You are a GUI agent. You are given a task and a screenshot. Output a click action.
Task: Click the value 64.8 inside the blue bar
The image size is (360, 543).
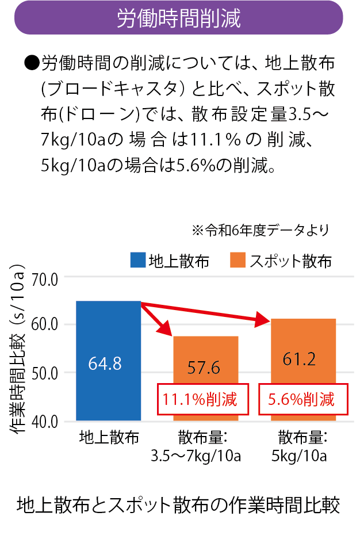(x=105, y=364)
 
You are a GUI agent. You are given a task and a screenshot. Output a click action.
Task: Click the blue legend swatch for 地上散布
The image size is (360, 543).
(x=137, y=260)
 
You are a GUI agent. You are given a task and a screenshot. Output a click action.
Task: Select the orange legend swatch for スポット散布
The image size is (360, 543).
(x=238, y=260)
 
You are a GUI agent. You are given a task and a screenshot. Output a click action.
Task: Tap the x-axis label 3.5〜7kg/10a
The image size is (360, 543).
(x=196, y=457)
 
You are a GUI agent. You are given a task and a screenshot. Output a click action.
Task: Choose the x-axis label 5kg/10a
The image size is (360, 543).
(x=299, y=457)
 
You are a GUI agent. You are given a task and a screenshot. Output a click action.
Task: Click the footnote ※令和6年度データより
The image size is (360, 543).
(x=261, y=231)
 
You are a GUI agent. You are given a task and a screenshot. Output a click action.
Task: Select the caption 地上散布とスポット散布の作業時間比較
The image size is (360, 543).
(x=179, y=504)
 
